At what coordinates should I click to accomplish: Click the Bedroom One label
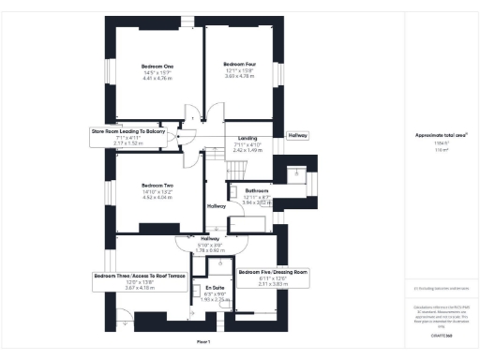pos(157,67)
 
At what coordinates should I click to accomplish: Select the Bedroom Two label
pos(157,186)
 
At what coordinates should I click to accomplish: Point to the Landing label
pos(247,139)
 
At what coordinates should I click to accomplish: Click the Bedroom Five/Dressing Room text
pos(272,272)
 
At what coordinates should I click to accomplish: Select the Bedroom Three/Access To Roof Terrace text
pos(139,276)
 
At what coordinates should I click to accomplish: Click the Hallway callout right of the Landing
pos(297,135)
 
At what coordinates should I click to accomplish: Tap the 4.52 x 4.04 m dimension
pos(157,198)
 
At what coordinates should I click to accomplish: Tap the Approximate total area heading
pos(442,134)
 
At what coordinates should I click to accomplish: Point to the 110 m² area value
pos(442,147)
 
